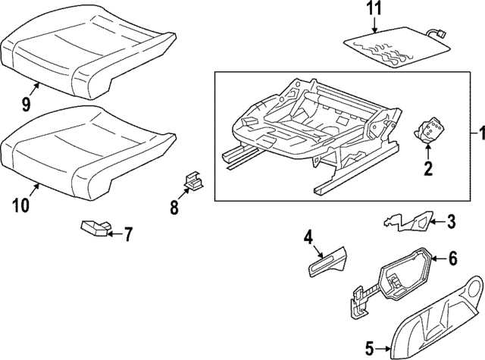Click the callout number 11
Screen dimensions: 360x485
pos(376,11)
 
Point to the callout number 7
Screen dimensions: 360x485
pos(128,234)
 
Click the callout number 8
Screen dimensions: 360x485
pos(174,207)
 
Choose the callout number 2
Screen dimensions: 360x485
pos(427,169)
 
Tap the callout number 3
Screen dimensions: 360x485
pos(452,221)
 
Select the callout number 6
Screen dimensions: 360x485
pos(453,259)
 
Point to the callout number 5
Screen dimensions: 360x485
pos(369,349)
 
